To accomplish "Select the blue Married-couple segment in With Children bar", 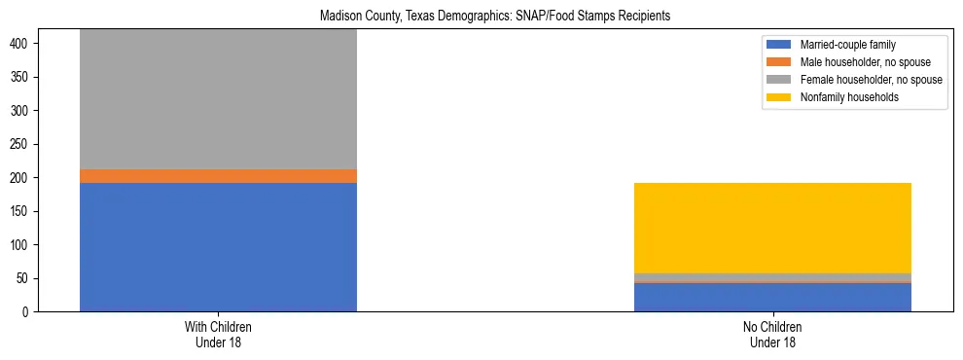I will pyautogui.click(x=218, y=247).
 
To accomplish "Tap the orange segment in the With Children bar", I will pyautogui.click(x=218, y=176).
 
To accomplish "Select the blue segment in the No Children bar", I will pyautogui.click(x=772, y=298).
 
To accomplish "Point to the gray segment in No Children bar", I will pyautogui.click(x=772, y=277).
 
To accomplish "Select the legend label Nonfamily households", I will pyautogui.click(x=842, y=97).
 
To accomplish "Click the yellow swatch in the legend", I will pyautogui.click(x=779, y=97).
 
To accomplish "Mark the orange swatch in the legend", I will pyautogui.click(x=779, y=62).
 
